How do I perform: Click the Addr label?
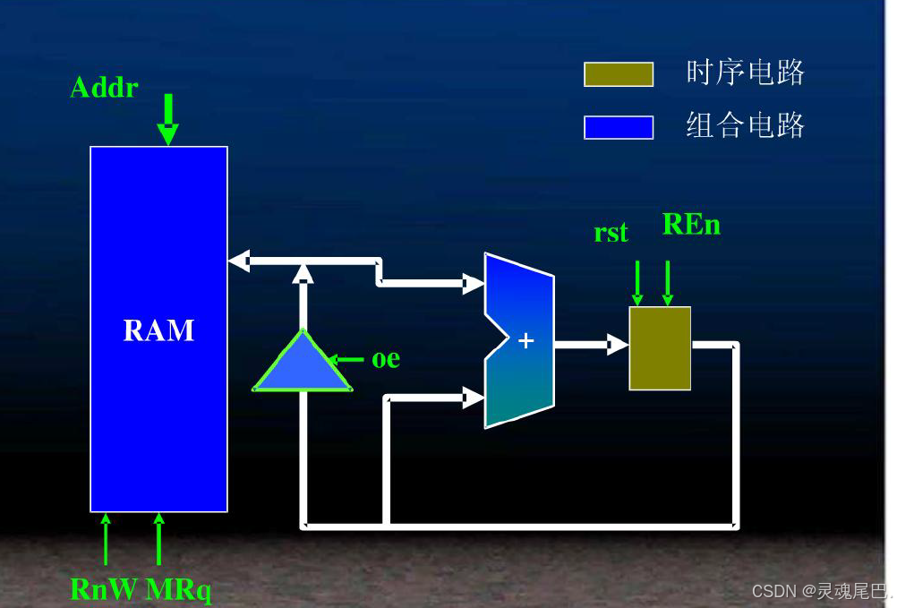(x=104, y=87)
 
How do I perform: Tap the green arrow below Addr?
(x=167, y=120)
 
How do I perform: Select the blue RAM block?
(x=158, y=329)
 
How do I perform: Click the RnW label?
(x=104, y=589)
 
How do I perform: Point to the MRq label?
(x=178, y=589)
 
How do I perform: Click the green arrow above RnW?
(x=106, y=538)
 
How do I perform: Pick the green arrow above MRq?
(x=159, y=538)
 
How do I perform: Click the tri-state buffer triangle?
(x=303, y=365)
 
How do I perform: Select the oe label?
(x=386, y=359)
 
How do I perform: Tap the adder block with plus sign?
(x=519, y=340)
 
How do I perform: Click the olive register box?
(x=660, y=348)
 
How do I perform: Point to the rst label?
(x=611, y=233)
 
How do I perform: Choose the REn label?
(x=691, y=224)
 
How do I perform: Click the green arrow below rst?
(x=637, y=283)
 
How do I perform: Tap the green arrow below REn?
(x=668, y=283)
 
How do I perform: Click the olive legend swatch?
(x=619, y=74)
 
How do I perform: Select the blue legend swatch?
(x=619, y=127)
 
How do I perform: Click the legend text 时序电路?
(x=746, y=73)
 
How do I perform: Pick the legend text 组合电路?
(x=746, y=125)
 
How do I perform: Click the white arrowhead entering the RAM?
(x=238, y=261)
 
